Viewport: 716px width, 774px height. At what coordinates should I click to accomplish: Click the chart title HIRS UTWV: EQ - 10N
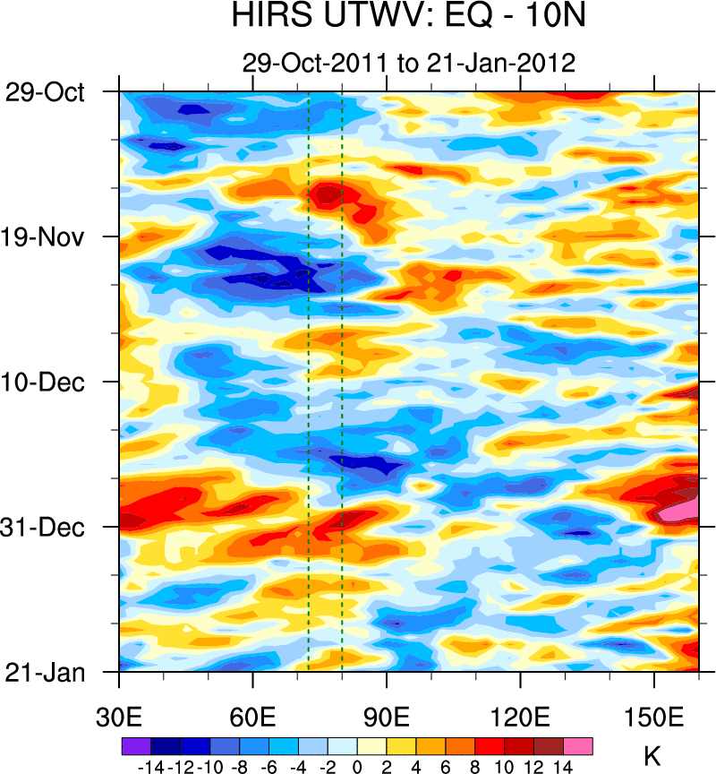click(x=407, y=16)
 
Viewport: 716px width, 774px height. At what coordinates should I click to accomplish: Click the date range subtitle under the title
click(x=407, y=63)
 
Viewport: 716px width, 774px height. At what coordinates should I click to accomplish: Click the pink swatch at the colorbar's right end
click(x=577, y=745)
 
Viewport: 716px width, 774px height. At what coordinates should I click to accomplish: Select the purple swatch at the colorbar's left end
click(x=135, y=745)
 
